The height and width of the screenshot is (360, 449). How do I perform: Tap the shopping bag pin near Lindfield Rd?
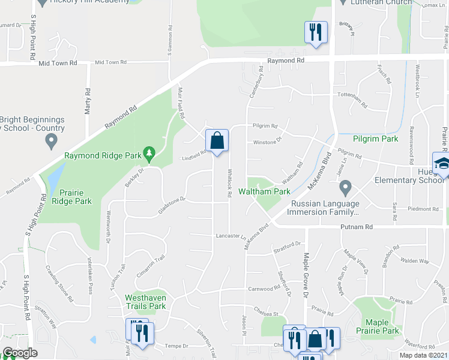coord(216,141)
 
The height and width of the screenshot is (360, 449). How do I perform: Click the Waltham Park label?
coord(265,191)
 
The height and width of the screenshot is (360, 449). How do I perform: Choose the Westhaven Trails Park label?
coord(145,302)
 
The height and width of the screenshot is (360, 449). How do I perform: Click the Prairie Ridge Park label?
coord(76,197)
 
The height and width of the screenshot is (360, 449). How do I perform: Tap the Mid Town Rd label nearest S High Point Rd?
coord(58,62)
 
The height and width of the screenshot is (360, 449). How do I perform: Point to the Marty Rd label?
coord(88,102)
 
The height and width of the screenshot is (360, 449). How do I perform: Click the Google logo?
coord(20,353)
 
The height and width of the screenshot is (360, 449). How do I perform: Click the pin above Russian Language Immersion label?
coord(345,189)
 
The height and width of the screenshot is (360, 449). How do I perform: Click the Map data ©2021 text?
coord(423,355)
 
